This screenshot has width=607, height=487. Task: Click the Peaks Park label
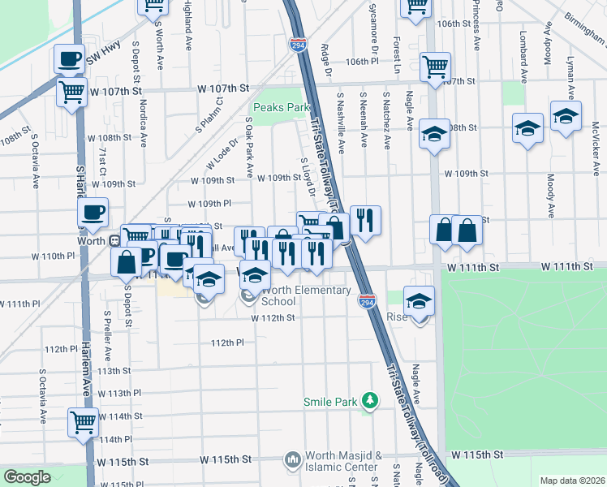click(282, 107)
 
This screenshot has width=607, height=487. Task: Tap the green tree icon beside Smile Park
click(370, 400)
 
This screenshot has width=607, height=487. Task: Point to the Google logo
click(27, 476)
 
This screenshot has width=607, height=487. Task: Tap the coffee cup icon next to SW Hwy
click(68, 59)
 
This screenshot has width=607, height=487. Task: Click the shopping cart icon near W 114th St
click(83, 421)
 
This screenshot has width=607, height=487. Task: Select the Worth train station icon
click(114, 240)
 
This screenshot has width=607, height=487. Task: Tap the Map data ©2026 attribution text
click(571, 481)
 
